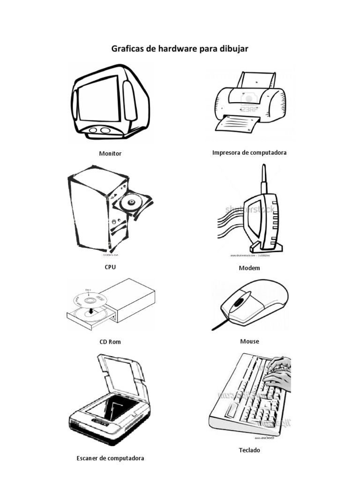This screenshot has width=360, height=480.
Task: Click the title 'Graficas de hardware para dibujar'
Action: click(x=180, y=49)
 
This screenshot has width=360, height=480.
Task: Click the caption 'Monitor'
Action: click(x=110, y=153)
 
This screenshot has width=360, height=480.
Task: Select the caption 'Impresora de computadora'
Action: click(x=249, y=152)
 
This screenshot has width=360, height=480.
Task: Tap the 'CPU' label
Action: click(x=110, y=267)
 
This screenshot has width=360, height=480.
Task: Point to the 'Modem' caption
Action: click(x=249, y=268)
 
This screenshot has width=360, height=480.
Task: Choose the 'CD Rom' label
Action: click(x=110, y=342)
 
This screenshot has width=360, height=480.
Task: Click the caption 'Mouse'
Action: click(x=249, y=341)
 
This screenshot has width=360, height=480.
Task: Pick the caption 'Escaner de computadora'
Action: click(x=110, y=458)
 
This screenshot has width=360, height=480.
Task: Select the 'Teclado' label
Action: click(x=249, y=450)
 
